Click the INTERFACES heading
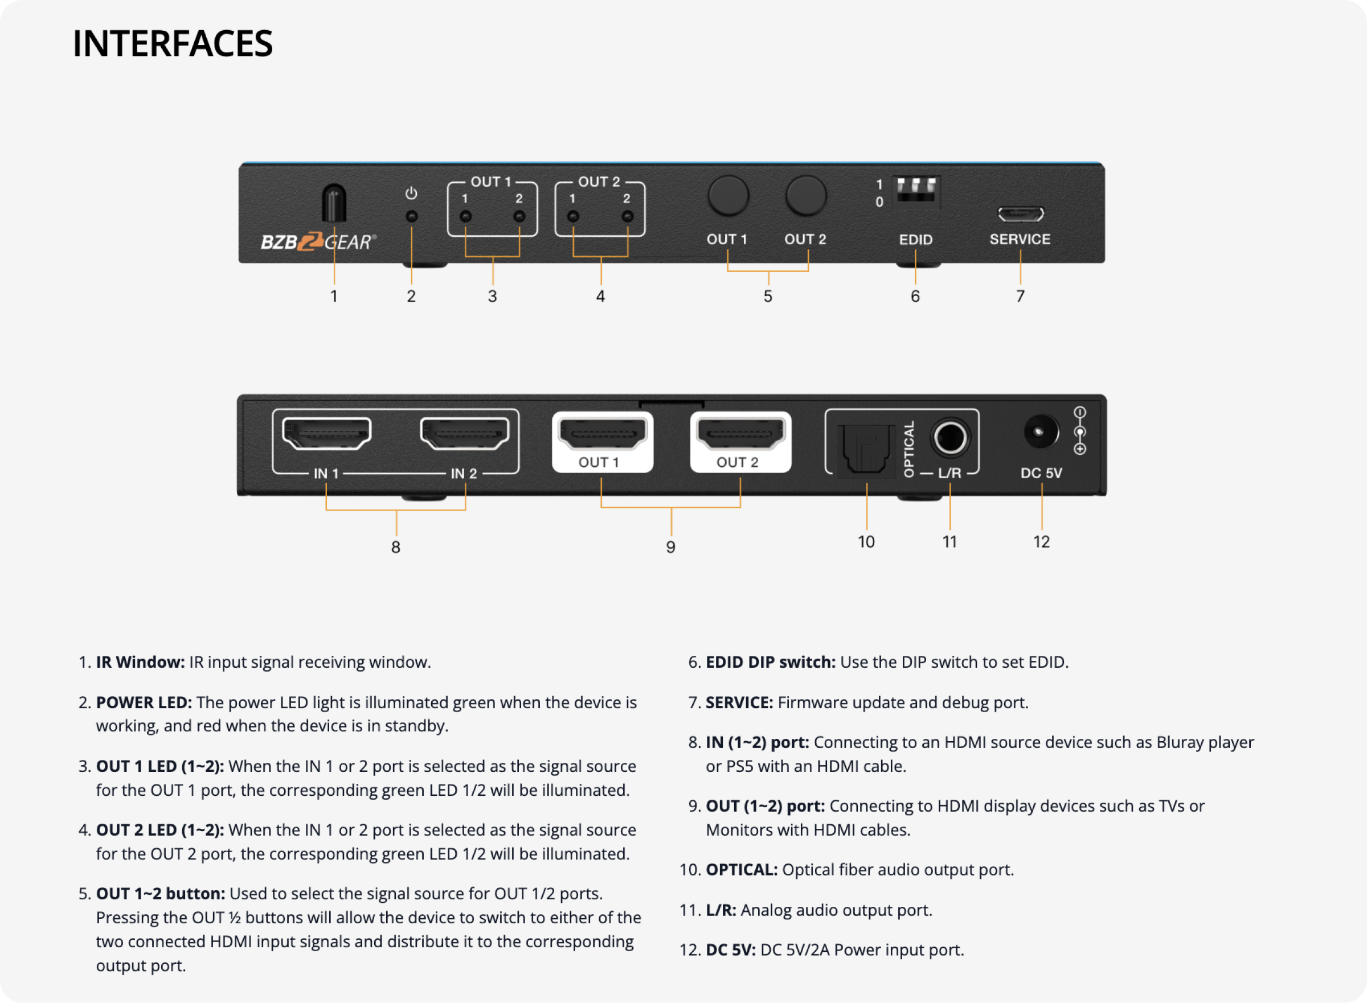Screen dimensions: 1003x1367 173,44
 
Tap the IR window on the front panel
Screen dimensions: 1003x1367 334,203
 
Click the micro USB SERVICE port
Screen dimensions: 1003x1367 1021,213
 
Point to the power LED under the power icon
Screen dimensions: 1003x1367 411,216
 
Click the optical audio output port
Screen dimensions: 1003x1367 866,449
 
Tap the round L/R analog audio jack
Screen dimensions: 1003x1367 950,437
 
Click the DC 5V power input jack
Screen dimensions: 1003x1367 1040,431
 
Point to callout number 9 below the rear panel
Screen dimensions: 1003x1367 671,547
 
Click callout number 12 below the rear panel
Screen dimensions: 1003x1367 1041,541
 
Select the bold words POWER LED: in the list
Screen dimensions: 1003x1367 144,702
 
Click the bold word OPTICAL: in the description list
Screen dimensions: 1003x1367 741,869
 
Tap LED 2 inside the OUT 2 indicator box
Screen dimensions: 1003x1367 627,216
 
